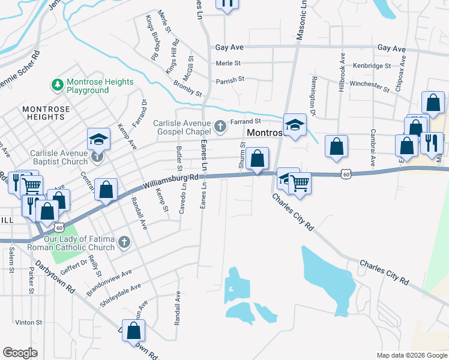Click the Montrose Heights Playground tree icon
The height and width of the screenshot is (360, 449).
click(58, 85)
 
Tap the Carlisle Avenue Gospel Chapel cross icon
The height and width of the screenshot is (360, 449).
click(221, 126)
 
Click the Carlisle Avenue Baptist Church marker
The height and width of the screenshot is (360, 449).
click(98, 157)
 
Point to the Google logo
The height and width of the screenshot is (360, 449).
click(20, 353)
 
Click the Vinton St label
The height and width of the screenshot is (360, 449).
click(28, 322)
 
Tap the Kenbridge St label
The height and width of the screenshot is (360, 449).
click(372, 65)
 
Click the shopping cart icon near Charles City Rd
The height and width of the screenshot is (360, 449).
click(300, 183)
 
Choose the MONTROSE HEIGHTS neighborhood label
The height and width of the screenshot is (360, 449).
click(46, 113)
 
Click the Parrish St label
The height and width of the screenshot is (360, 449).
click(230, 79)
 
